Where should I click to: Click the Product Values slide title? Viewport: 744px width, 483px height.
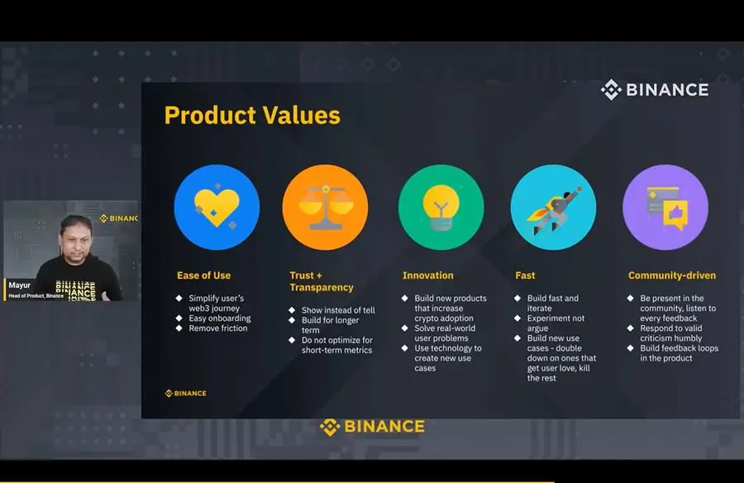point(252,116)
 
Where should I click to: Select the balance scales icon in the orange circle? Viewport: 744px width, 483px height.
point(326,208)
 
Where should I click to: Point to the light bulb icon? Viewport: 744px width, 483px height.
point(441,207)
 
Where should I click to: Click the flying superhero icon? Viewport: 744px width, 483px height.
point(554,210)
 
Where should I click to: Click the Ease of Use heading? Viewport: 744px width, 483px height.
point(203,275)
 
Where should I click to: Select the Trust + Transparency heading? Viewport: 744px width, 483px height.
point(322,281)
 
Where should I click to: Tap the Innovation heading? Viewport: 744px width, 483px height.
point(428,275)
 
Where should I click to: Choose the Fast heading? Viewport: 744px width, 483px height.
point(525,275)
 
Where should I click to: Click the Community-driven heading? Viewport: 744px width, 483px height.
point(672,275)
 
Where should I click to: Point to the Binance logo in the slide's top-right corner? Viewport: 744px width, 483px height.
point(655,90)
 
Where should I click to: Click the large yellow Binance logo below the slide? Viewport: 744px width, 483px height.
point(372,427)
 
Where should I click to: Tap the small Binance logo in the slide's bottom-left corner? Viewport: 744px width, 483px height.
point(185,393)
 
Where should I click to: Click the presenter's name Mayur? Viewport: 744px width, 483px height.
point(20,285)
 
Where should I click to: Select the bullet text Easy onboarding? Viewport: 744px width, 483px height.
point(220,318)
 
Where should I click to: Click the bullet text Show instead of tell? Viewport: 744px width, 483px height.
point(338,310)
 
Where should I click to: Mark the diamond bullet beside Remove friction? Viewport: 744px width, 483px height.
point(179,328)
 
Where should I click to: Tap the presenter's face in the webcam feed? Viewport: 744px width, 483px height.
point(76,240)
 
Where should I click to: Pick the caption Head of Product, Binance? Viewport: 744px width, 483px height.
point(36,296)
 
